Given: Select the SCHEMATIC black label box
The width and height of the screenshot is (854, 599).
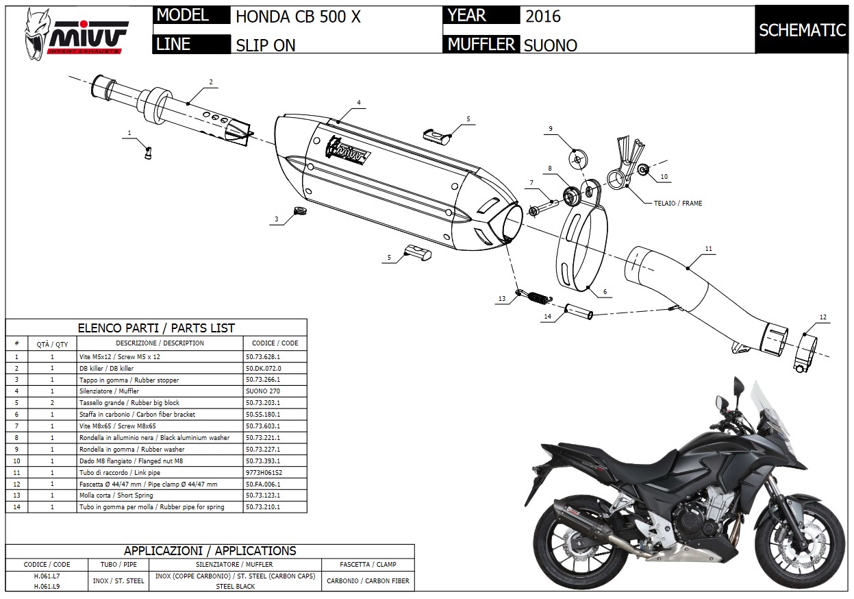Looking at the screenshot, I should point(802,30).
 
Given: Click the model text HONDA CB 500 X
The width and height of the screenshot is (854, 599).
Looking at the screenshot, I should point(298,17).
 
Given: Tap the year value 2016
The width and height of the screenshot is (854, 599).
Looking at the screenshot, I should point(542,16).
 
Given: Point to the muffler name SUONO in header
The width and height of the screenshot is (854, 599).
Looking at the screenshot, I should point(550,45).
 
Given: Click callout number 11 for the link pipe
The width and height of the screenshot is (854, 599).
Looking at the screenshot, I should point(708,248).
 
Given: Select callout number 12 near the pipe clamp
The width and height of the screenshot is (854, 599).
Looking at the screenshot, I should point(823,317).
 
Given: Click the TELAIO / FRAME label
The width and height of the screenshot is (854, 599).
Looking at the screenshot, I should point(678,203).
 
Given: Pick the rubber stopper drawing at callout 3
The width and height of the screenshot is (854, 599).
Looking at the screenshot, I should point(297,210).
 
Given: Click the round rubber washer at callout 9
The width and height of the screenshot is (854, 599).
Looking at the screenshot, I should point(577,159).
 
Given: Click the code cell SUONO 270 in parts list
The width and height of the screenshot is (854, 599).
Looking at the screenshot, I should point(262,391).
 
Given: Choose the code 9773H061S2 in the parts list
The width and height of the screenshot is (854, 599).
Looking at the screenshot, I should point(264,472).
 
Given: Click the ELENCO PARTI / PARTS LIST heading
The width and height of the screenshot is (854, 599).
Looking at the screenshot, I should point(156,328).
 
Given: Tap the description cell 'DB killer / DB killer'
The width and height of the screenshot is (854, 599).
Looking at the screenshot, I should point(106,368).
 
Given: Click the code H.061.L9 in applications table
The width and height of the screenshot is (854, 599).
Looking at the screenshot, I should point(47,586).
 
